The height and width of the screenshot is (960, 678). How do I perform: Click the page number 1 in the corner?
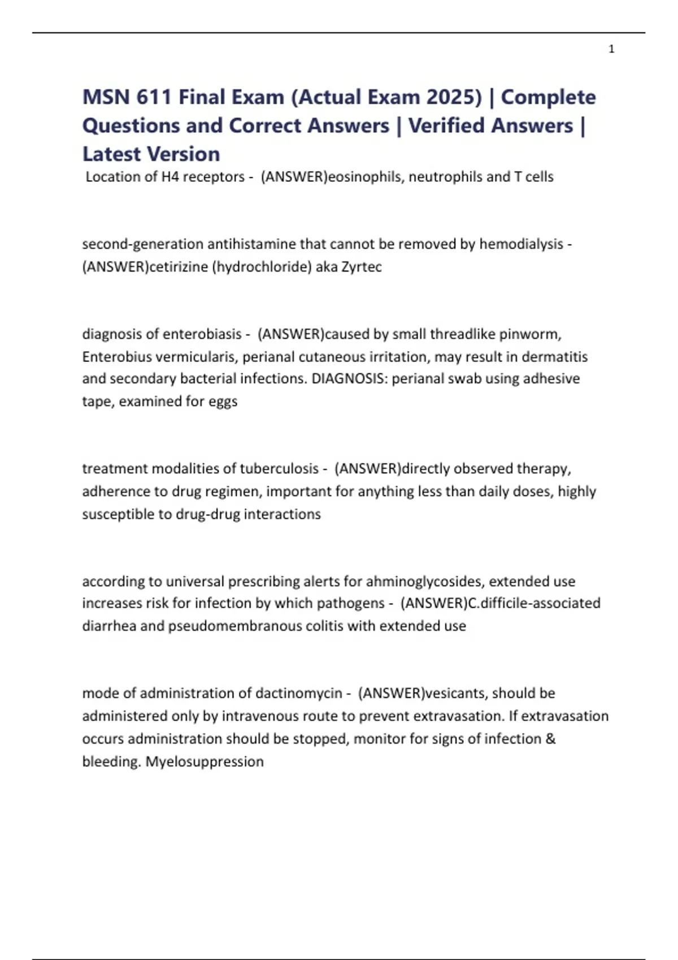611,49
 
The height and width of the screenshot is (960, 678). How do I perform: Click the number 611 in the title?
154,97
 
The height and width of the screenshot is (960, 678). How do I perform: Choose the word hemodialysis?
521,244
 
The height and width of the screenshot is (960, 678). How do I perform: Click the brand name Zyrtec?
362,267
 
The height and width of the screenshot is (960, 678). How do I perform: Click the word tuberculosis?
279,469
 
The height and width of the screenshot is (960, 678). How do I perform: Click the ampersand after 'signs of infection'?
551,739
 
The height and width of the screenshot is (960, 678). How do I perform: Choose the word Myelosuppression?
205,761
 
